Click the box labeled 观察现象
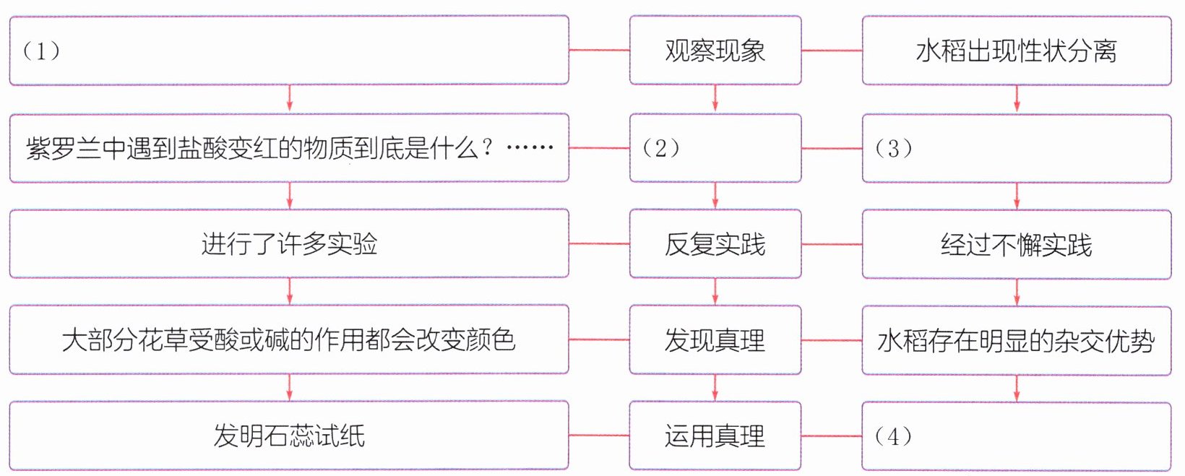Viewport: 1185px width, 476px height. click(x=715, y=51)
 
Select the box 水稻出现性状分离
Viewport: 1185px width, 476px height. click(x=1016, y=51)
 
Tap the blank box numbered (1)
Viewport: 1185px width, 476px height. click(x=289, y=51)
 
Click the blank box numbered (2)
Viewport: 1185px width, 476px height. click(x=715, y=148)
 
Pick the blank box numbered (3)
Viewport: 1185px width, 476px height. click(x=1016, y=148)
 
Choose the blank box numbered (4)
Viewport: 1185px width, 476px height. click(x=1016, y=436)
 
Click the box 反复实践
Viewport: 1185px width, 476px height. click(x=715, y=244)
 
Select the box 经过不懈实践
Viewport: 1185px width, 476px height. click(x=1016, y=244)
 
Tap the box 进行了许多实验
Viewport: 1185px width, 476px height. click(x=289, y=244)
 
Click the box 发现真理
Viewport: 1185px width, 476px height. click(x=715, y=340)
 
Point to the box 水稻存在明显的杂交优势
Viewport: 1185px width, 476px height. click(x=1016, y=340)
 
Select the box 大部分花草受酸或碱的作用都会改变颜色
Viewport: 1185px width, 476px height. click(x=289, y=339)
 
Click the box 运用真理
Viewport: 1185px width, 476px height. click(x=715, y=436)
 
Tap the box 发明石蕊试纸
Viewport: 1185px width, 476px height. click(x=289, y=436)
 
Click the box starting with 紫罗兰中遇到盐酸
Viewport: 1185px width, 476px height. click(x=289, y=148)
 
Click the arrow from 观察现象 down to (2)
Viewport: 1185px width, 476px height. click(x=715, y=99)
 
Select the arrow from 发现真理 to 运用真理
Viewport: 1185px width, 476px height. click(x=715, y=388)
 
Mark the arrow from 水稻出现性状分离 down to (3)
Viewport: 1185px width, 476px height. click(x=1017, y=99)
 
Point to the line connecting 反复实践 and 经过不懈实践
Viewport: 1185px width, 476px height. click(x=832, y=244)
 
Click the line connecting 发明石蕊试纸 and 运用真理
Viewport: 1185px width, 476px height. click(x=599, y=436)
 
